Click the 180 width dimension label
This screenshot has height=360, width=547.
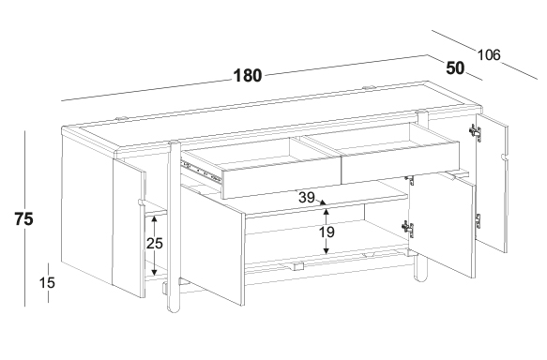(248, 76)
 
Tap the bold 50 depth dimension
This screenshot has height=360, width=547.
(455, 68)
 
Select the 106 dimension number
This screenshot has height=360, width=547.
(489, 55)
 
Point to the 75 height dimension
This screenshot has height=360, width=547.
(23, 219)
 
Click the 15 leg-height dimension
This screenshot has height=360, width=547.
(47, 282)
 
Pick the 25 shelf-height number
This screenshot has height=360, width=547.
(155, 243)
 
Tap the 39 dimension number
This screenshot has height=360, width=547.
(307, 198)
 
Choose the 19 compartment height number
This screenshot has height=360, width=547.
(327, 232)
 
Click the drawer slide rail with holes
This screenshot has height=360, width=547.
(202, 171)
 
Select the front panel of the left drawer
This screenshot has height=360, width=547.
(281, 181)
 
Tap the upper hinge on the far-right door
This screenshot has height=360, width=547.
(476, 133)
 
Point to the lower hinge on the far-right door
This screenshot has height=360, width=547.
(478, 221)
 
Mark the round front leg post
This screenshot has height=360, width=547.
(174, 227)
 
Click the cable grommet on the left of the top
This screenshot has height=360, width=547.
(122, 119)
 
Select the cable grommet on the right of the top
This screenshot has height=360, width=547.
(369, 87)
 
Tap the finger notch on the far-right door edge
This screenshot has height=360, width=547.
(504, 157)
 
